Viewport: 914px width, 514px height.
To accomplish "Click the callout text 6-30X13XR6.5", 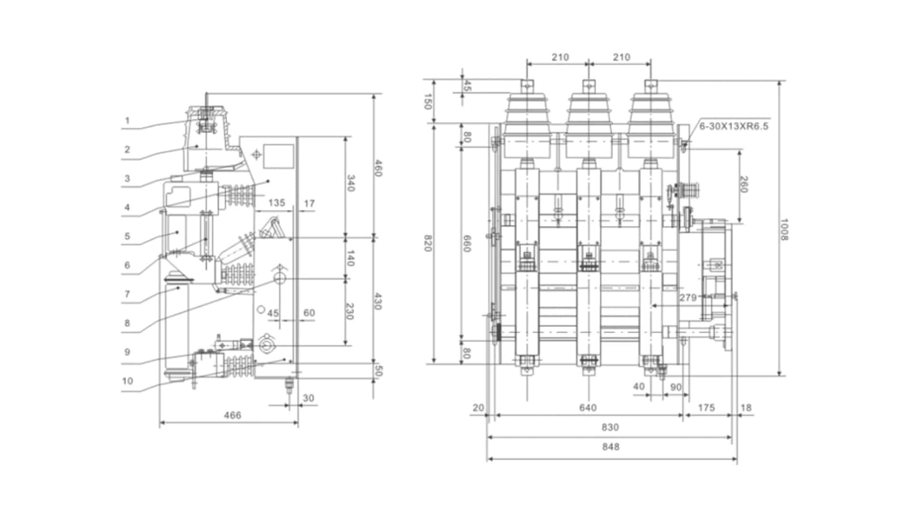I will [x=734, y=127].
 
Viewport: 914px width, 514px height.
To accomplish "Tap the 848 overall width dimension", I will [x=611, y=447].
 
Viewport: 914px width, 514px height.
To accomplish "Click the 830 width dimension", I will [x=610, y=427].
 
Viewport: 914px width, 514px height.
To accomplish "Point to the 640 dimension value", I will [x=588, y=408].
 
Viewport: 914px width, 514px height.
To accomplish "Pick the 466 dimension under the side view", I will [x=232, y=415].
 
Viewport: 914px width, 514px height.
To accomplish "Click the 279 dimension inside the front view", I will [x=688, y=298].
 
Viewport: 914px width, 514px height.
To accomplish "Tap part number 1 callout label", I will [x=127, y=121].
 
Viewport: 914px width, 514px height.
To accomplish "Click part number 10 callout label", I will [x=127, y=381].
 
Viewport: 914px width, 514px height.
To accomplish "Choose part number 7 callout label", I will [x=127, y=294].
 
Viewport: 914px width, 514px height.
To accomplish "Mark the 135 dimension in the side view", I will [x=277, y=203].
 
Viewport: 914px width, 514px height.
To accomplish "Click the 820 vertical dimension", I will [x=427, y=243].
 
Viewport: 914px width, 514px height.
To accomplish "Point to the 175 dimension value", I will [x=706, y=408].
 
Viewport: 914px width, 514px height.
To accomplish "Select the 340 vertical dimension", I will [x=350, y=183].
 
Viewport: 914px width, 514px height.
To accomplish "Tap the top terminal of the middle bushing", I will [x=589, y=85].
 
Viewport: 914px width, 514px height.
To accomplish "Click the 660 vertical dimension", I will [x=467, y=243].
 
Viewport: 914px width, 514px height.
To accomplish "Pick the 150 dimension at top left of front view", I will [x=427, y=101].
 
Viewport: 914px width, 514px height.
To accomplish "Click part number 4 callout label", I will [x=127, y=208].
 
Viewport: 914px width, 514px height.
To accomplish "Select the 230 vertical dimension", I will [x=350, y=311].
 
